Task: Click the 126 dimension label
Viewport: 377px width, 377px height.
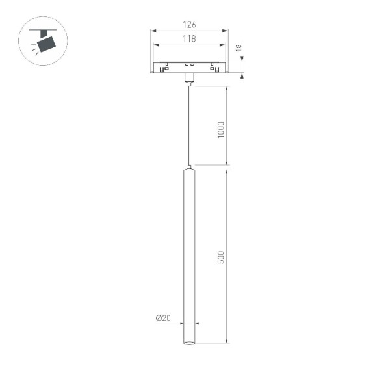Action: click(x=189, y=25)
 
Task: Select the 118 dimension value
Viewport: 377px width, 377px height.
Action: click(x=189, y=39)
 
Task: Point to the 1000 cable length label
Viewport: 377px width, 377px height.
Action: click(x=221, y=131)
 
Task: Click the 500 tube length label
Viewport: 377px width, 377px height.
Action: click(x=221, y=256)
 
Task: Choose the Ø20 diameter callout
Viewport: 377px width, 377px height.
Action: click(x=162, y=318)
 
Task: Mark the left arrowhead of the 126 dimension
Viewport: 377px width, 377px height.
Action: click(x=152, y=31)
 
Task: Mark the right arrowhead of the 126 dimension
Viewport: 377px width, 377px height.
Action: click(x=227, y=31)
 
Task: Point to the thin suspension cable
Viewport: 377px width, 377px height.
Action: click(x=189, y=123)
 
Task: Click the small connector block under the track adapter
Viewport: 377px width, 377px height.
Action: click(x=189, y=78)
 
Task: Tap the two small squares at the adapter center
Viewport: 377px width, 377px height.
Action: click(x=189, y=65)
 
